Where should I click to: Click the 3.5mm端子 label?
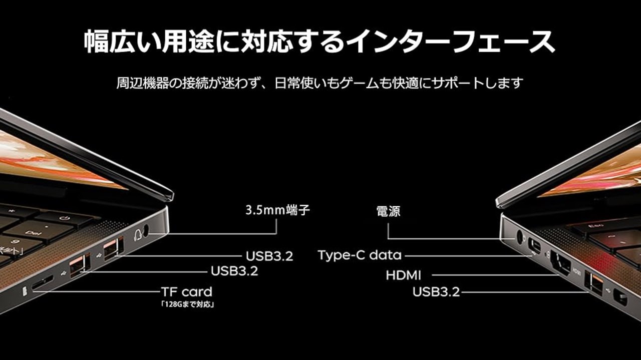[x=277, y=210]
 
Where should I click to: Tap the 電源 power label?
[x=388, y=211]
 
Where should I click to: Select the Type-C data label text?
[x=360, y=255]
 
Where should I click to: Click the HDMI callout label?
[x=404, y=275]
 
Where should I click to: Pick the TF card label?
[x=187, y=292]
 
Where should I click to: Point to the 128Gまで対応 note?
[x=188, y=304]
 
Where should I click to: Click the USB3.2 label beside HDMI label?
[x=436, y=292]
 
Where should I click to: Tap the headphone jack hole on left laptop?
[x=146, y=230]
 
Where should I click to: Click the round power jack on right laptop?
[x=520, y=237]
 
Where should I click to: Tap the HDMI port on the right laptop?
[x=560, y=263]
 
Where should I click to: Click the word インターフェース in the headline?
[x=450, y=41]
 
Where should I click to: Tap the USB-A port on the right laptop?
[x=593, y=283]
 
